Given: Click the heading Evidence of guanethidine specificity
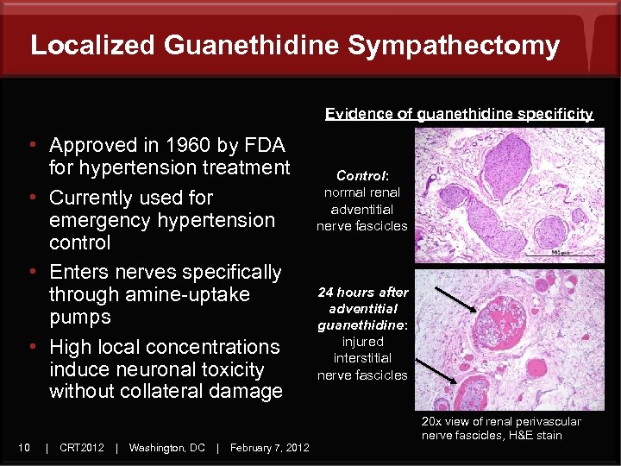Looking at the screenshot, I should [x=459, y=114].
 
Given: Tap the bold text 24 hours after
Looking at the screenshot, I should [x=362, y=293].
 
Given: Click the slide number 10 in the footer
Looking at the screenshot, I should [x=25, y=447].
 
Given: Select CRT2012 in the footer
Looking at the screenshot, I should [x=82, y=447].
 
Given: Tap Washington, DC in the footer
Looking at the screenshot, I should [x=166, y=447].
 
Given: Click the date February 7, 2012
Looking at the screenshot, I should [x=270, y=447].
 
